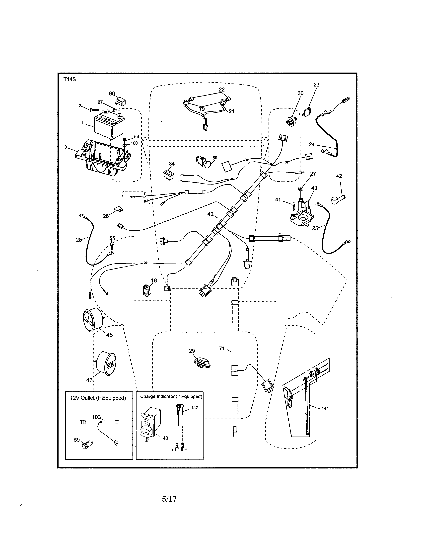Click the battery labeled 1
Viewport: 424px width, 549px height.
tap(107, 127)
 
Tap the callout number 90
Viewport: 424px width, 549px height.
tap(112, 93)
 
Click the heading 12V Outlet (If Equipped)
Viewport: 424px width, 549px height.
tap(98, 398)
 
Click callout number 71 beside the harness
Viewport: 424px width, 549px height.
tap(221, 348)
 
